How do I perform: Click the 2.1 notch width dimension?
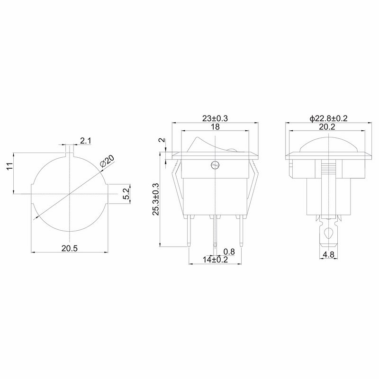pos(86,141)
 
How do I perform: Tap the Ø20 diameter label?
pos(107,161)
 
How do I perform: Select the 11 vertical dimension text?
pos(9,166)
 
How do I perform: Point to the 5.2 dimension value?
pos(126,194)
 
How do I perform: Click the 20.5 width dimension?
pos(69,248)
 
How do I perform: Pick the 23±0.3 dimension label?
pos(215,118)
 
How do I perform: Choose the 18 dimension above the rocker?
pos(215,126)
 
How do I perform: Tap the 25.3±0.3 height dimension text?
pos(156,199)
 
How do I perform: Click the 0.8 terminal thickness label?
pos(229,252)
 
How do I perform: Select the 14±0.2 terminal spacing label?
pos(216,260)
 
